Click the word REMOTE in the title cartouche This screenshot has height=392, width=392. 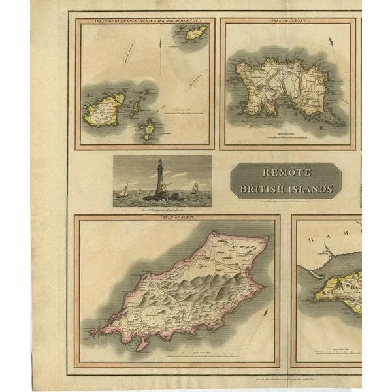point(286,173)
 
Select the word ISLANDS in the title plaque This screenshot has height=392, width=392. point(310,189)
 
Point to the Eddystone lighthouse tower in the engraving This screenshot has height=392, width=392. point(159,179)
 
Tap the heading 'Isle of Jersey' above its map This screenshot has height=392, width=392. point(287,21)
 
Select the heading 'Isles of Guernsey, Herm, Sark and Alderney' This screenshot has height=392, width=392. point(145,21)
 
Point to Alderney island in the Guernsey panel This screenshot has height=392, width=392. point(196,33)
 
